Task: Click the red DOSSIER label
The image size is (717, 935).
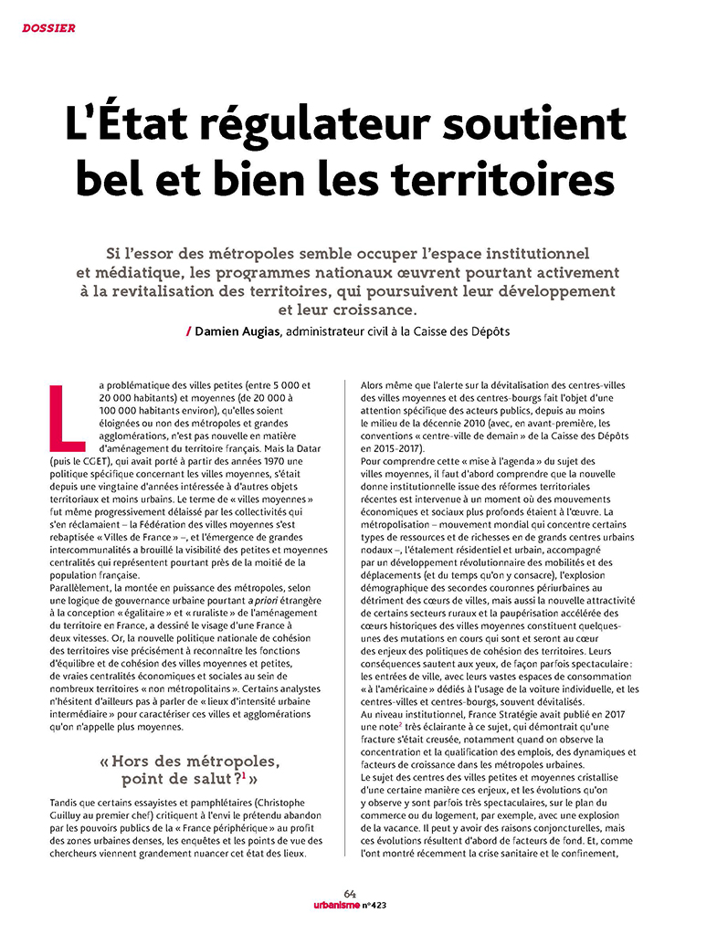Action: tap(48, 27)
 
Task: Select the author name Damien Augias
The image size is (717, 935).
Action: tap(237, 331)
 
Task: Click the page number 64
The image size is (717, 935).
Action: tap(350, 894)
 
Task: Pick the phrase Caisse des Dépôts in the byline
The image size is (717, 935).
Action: tap(462, 331)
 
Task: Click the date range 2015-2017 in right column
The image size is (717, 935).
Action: tap(394, 449)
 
